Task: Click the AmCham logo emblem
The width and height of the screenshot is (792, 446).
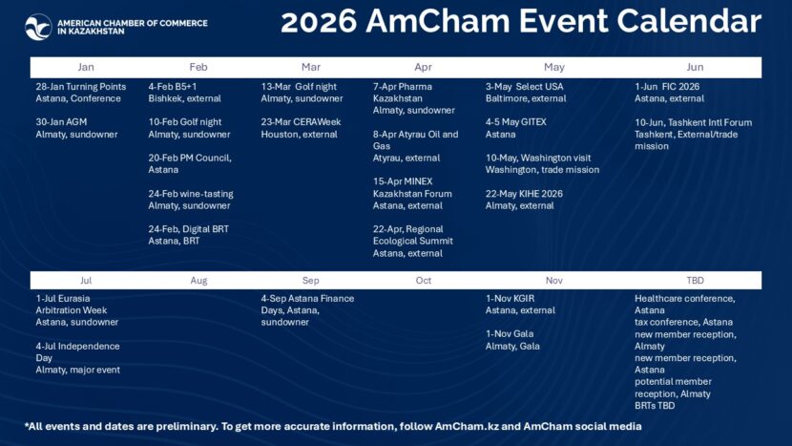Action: [38, 27]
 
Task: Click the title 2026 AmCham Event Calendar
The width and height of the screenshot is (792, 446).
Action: [520, 22]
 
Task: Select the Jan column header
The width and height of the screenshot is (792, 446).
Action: [86, 67]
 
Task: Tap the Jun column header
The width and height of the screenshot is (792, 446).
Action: [695, 67]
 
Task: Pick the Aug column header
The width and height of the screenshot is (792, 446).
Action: [198, 281]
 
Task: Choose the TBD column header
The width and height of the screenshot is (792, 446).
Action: [695, 281]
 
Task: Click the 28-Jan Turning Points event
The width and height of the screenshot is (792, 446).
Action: [81, 93]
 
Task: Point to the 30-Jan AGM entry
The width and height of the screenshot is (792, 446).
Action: [76, 128]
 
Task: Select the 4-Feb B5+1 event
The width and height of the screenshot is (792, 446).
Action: [186, 93]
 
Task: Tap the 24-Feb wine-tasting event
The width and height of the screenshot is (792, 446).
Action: [191, 200]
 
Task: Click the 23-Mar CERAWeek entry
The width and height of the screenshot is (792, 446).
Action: [302, 128]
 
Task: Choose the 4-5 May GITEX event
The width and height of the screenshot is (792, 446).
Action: [516, 128]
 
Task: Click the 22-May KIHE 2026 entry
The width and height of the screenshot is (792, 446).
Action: [524, 200]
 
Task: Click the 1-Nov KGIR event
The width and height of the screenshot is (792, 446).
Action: [520, 305]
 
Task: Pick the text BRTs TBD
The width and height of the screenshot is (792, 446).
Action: [655, 406]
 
